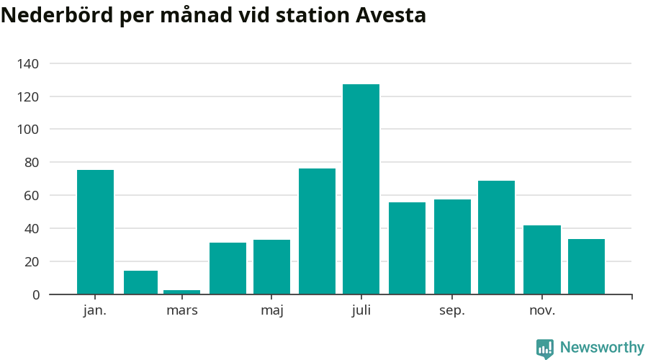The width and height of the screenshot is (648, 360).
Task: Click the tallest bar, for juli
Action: (x=361, y=189)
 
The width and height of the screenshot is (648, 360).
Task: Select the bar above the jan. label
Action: (x=95, y=232)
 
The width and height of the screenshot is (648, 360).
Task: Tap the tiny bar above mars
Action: (x=181, y=292)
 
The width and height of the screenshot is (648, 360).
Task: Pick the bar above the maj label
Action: (x=271, y=267)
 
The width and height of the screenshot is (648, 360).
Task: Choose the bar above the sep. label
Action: (x=452, y=247)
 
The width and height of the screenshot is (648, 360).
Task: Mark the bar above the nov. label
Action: (x=541, y=260)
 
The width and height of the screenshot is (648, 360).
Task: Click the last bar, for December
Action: (x=586, y=266)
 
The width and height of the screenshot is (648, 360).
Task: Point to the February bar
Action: (x=140, y=282)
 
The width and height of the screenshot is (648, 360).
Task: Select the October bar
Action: (x=496, y=238)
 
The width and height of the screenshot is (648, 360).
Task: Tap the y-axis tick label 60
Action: (x=32, y=196)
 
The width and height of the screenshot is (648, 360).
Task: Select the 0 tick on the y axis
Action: (x=35, y=294)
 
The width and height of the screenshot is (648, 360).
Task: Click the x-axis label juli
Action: (x=361, y=311)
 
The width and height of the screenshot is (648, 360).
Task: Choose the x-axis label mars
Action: (x=181, y=311)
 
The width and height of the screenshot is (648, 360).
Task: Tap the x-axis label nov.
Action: (x=542, y=311)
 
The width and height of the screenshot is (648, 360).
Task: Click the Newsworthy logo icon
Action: (x=545, y=348)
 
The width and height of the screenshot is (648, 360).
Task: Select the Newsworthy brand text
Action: (x=602, y=348)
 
